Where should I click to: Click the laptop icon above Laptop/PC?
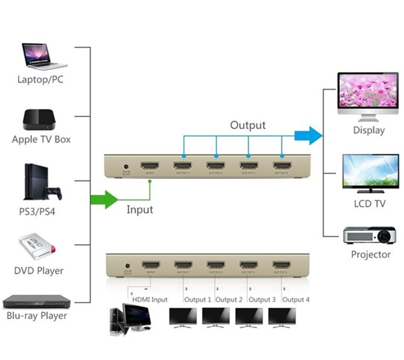[43, 53]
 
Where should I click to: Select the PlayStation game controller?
[52, 191]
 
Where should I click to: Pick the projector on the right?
[370, 235]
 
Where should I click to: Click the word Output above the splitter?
[248, 125]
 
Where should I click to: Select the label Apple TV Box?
[42, 139]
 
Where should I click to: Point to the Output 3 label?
[262, 299]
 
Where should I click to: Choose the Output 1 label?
[198, 299]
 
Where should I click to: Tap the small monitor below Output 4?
[282, 316]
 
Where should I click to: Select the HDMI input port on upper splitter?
[151, 166]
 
